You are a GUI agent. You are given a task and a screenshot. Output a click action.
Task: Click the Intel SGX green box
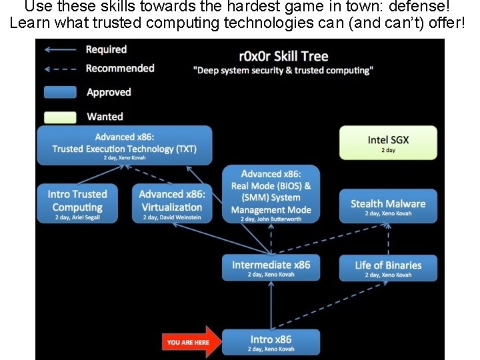pos(388,143)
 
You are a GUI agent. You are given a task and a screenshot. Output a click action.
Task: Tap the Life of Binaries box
pos(388,268)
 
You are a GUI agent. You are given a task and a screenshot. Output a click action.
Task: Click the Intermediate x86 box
pos(271,268)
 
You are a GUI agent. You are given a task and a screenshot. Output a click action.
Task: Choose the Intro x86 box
pos(271,343)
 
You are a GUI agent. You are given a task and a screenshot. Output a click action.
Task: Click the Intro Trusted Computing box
pos(77,203)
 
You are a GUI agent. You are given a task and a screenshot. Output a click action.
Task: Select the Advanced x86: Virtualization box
pos(172,203)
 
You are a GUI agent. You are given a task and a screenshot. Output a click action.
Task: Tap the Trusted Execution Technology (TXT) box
pos(125,145)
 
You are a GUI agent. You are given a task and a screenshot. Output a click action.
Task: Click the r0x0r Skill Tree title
pos(283,56)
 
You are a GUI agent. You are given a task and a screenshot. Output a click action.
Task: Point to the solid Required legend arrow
pos(61,49)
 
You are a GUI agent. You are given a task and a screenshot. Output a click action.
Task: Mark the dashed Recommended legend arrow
pos(61,69)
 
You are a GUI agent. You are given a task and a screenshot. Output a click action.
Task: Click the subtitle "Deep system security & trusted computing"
pos(283,71)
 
